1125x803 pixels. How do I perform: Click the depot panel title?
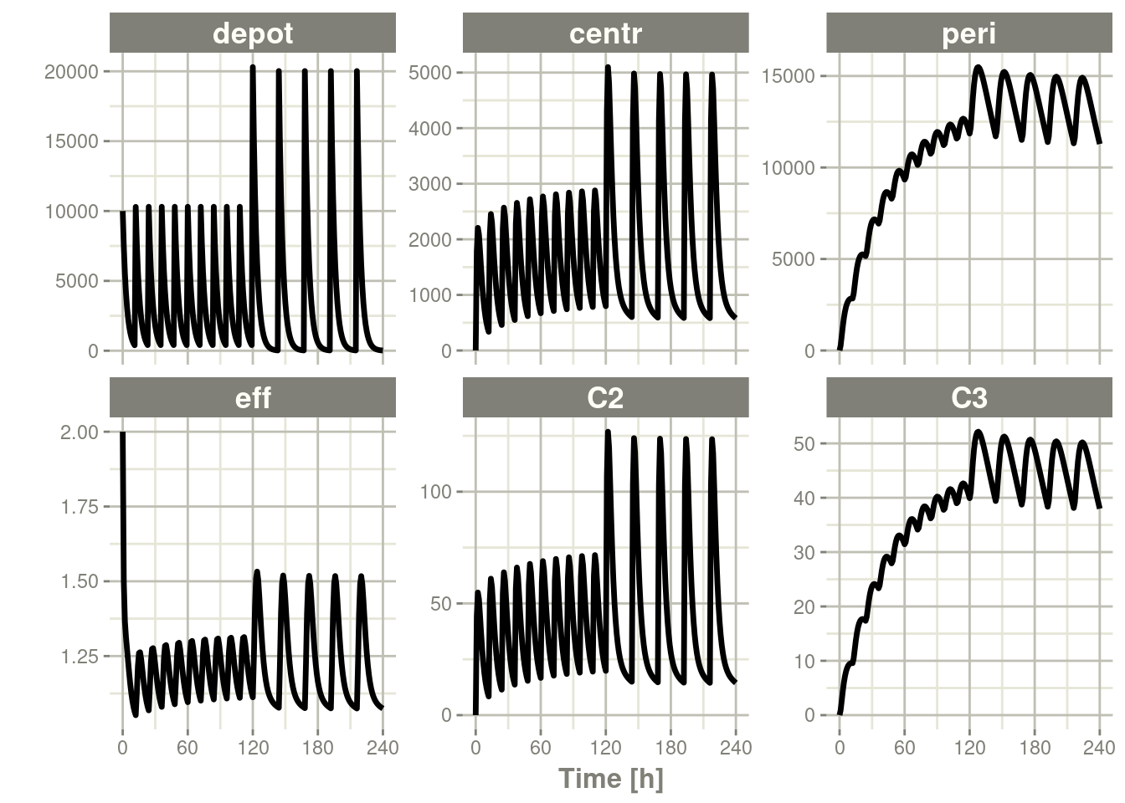(x=253, y=33)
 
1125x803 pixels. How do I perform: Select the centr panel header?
(x=605, y=33)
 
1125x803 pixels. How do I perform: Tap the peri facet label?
(x=968, y=33)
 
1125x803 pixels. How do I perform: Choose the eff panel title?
(x=253, y=397)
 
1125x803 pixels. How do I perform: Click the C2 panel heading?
(x=605, y=397)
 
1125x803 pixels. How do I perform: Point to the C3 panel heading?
(x=968, y=397)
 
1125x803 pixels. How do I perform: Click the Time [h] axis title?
(x=611, y=779)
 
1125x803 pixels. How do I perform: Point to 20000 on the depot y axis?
(x=71, y=72)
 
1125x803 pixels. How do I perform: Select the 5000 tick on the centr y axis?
(x=430, y=73)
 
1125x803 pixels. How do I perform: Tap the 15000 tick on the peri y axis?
(x=788, y=76)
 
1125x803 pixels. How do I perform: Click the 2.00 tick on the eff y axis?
(x=80, y=432)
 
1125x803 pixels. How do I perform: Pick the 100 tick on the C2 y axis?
(x=435, y=492)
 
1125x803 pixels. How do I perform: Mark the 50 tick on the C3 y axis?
(x=804, y=443)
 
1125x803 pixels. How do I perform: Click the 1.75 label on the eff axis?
(x=80, y=507)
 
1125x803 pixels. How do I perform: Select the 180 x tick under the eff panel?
(x=317, y=747)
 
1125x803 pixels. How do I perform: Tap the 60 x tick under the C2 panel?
(x=541, y=747)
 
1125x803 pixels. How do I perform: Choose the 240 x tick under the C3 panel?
(x=1099, y=747)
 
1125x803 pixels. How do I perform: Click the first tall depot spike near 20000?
(x=253, y=67)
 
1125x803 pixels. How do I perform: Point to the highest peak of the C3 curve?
(x=978, y=432)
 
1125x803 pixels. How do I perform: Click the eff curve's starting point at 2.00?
(x=122, y=433)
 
